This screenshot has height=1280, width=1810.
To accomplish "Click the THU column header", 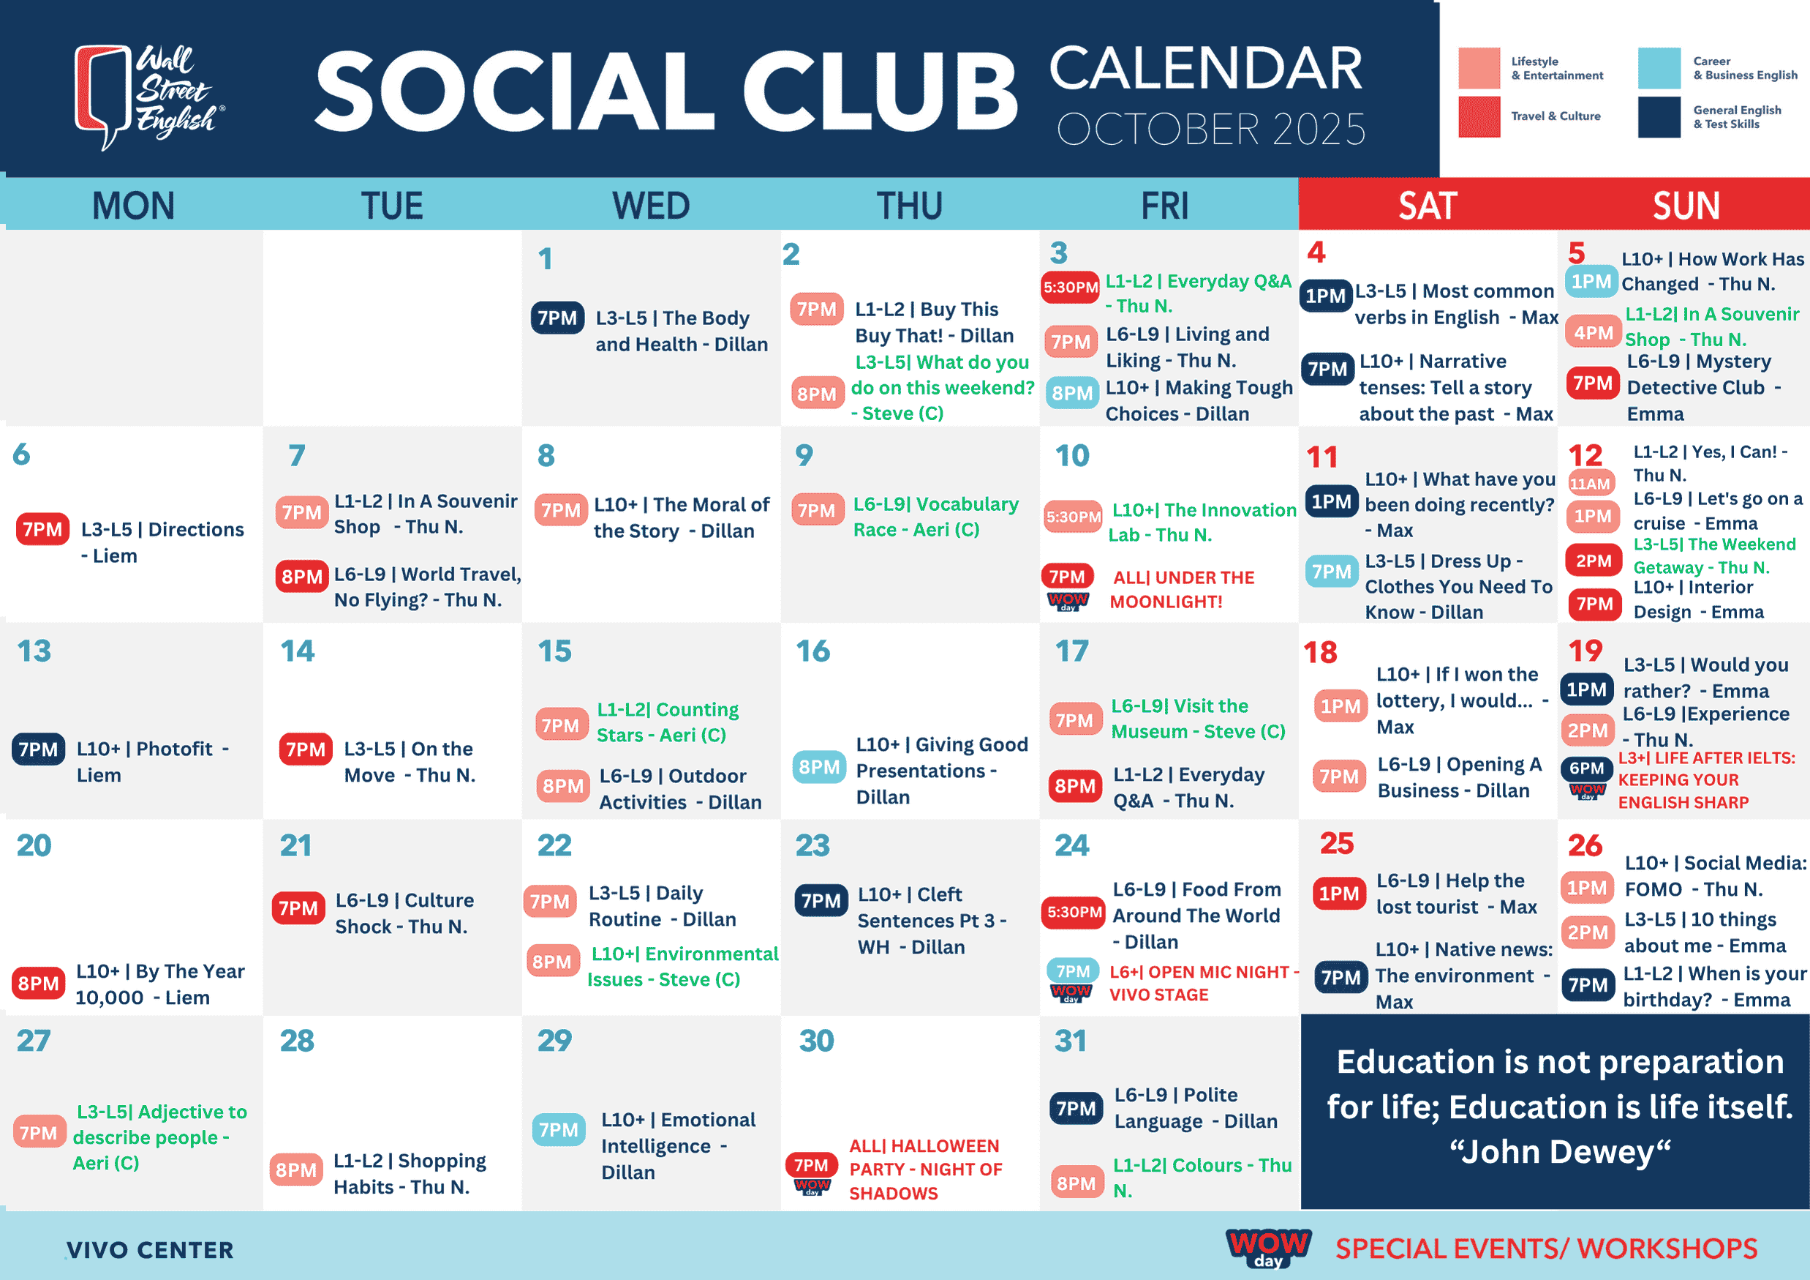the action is (910, 206).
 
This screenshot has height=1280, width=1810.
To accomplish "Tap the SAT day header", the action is (1427, 206).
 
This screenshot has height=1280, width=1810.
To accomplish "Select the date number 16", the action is (812, 651).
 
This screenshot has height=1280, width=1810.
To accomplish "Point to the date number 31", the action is (1071, 1040).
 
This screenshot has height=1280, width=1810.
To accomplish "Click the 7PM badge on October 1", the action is (557, 318).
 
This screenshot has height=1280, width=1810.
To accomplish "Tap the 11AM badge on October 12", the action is (1589, 484).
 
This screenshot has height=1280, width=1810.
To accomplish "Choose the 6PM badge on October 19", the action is (1586, 768).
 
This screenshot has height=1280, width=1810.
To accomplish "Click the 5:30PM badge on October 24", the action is (1074, 913).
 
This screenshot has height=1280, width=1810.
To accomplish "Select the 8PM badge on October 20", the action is (38, 984).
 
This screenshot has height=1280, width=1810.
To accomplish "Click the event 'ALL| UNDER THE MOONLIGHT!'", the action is (1183, 589).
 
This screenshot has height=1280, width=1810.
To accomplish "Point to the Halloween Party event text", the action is (924, 1169).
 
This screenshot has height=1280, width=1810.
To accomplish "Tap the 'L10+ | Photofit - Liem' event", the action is (153, 762).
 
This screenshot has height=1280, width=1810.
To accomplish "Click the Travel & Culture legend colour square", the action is (1479, 116).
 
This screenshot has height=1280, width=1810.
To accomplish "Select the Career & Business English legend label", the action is (1745, 68).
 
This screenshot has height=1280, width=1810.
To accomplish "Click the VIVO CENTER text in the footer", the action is (150, 1250).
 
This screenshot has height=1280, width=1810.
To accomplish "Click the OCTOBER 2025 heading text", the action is (1211, 130).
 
